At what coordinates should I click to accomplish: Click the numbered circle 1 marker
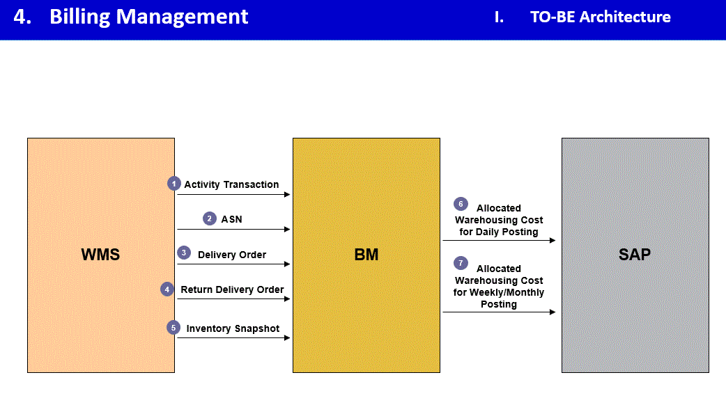pyautogui.click(x=174, y=184)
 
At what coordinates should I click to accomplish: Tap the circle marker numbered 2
pyautogui.click(x=210, y=218)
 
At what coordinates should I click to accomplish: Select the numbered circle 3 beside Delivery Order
pyautogui.click(x=184, y=253)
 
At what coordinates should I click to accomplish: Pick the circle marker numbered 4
pyautogui.click(x=167, y=289)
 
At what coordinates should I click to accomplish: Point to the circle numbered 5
pyautogui.click(x=174, y=327)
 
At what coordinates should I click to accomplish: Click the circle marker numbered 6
pyautogui.click(x=460, y=204)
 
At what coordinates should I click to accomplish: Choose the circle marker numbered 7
pyautogui.click(x=460, y=263)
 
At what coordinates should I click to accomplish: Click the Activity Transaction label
pyautogui.click(x=231, y=184)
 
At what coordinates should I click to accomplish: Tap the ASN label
pyautogui.click(x=232, y=219)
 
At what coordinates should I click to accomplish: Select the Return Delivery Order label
pyautogui.click(x=232, y=289)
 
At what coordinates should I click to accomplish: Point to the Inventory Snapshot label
pyautogui.click(x=233, y=328)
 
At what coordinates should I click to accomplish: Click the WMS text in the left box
pyautogui.click(x=100, y=255)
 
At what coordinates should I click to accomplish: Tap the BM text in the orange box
pyautogui.click(x=366, y=255)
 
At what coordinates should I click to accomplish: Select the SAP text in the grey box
pyautogui.click(x=634, y=255)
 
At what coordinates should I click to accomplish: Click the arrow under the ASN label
pyautogui.click(x=233, y=229)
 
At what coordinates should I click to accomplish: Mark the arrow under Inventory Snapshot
pyautogui.click(x=233, y=338)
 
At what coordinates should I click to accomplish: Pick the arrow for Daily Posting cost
pyautogui.click(x=499, y=241)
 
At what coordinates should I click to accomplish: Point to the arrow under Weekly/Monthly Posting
pyautogui.click(x=499, y=312)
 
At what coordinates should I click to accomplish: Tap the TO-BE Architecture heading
pyautogui.click(x=600, y=17)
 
